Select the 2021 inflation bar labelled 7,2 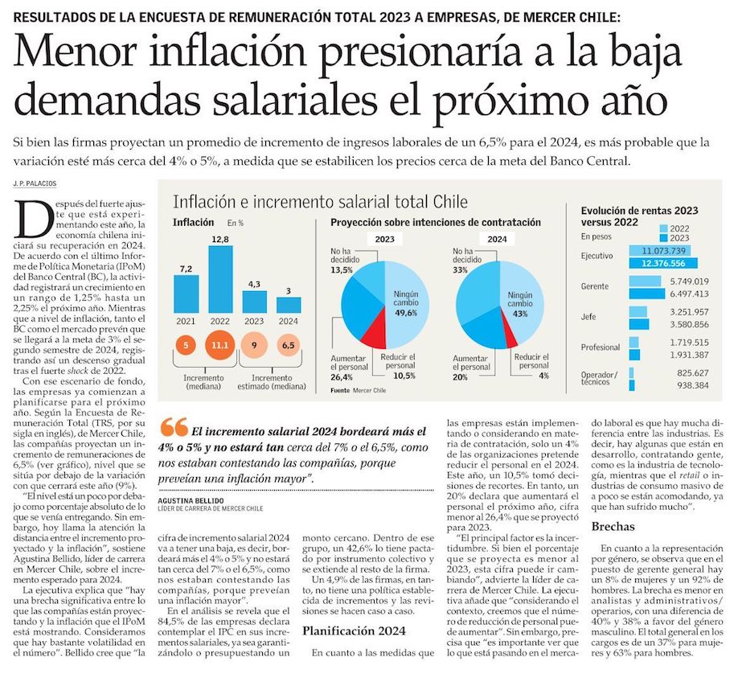(186, 294)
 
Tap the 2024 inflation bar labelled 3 (288, 307)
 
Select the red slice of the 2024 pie (508, 323)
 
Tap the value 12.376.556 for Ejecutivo (663, 263)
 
